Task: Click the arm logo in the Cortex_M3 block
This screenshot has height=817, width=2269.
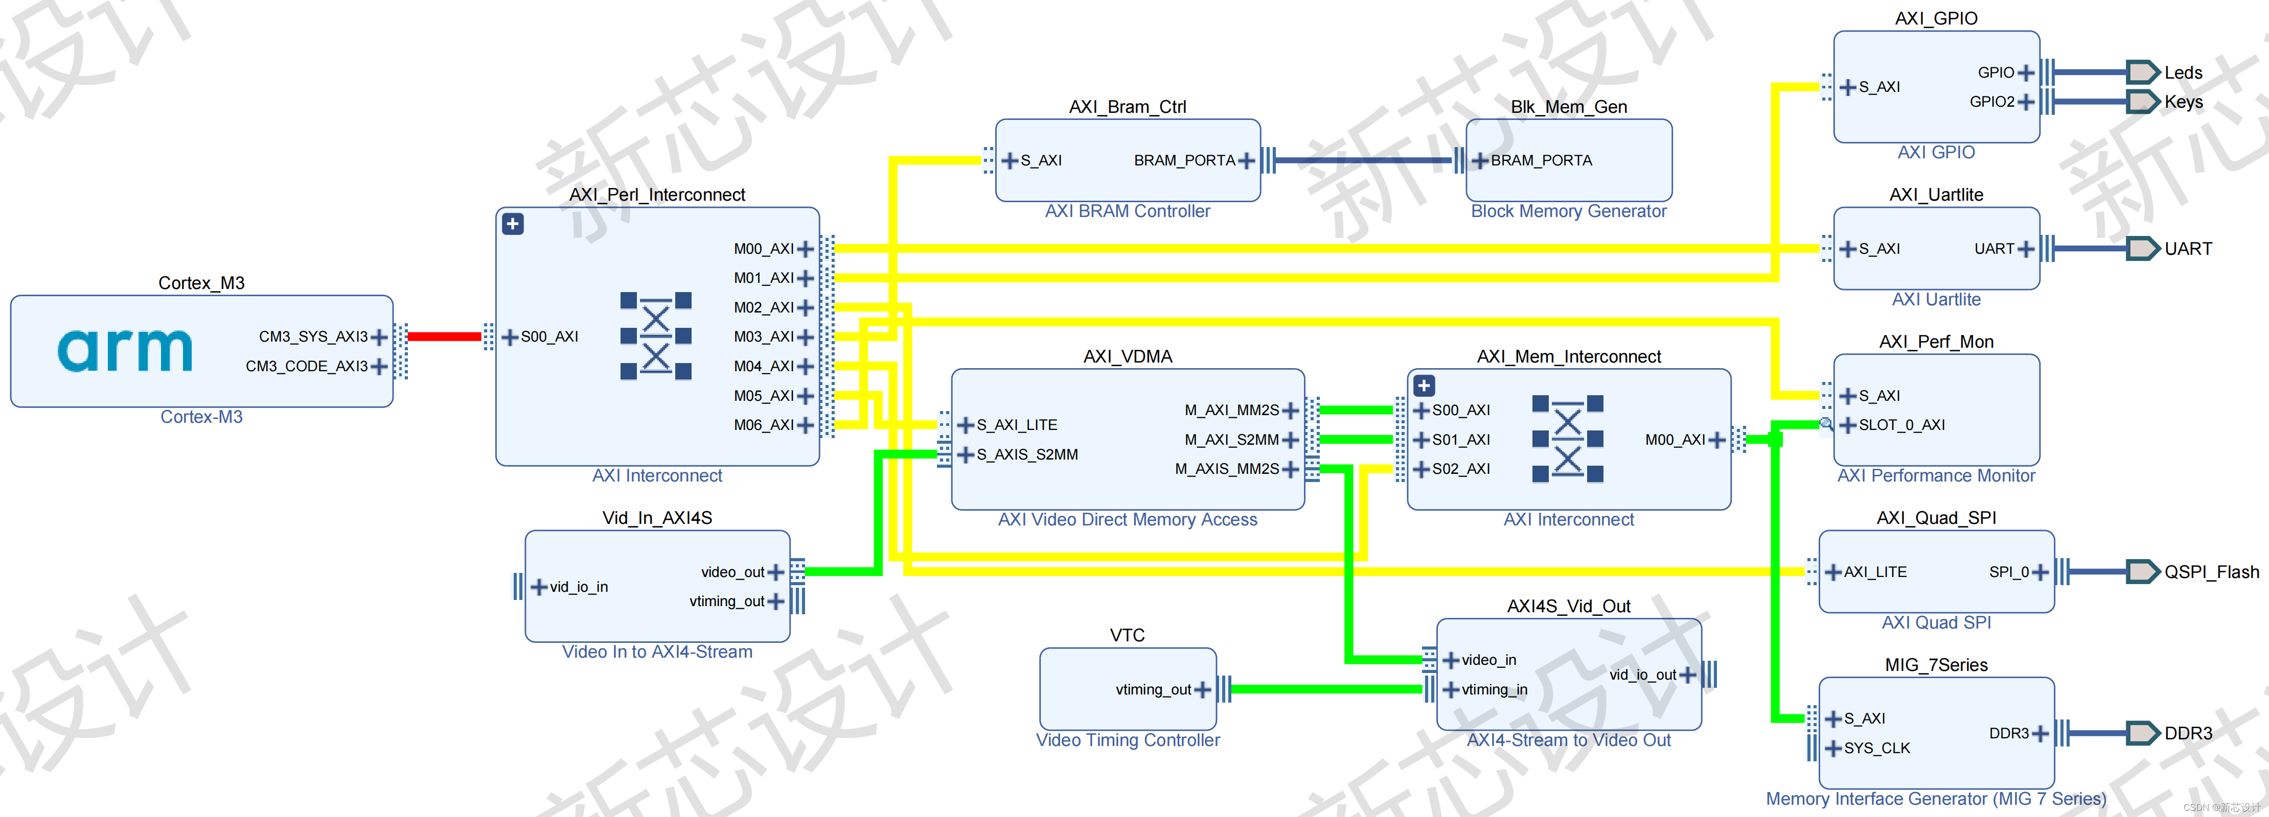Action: point(125,350)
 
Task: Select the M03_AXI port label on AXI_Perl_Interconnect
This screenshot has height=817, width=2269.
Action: point(763,337)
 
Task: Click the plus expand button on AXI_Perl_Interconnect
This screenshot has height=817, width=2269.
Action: point(513,224)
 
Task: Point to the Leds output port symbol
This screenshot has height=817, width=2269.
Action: point(2142,72)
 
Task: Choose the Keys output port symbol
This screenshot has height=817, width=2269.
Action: point(2142,101)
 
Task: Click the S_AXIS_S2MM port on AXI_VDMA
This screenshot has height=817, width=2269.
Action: point(1026,454)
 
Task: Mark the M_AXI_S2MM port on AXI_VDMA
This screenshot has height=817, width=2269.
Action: point(1231,439)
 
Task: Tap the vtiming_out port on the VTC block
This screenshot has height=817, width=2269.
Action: point(1153,689)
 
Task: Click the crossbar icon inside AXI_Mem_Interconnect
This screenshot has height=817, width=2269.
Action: point(1567,439)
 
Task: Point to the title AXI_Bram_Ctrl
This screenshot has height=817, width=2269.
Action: point(1128,107)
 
